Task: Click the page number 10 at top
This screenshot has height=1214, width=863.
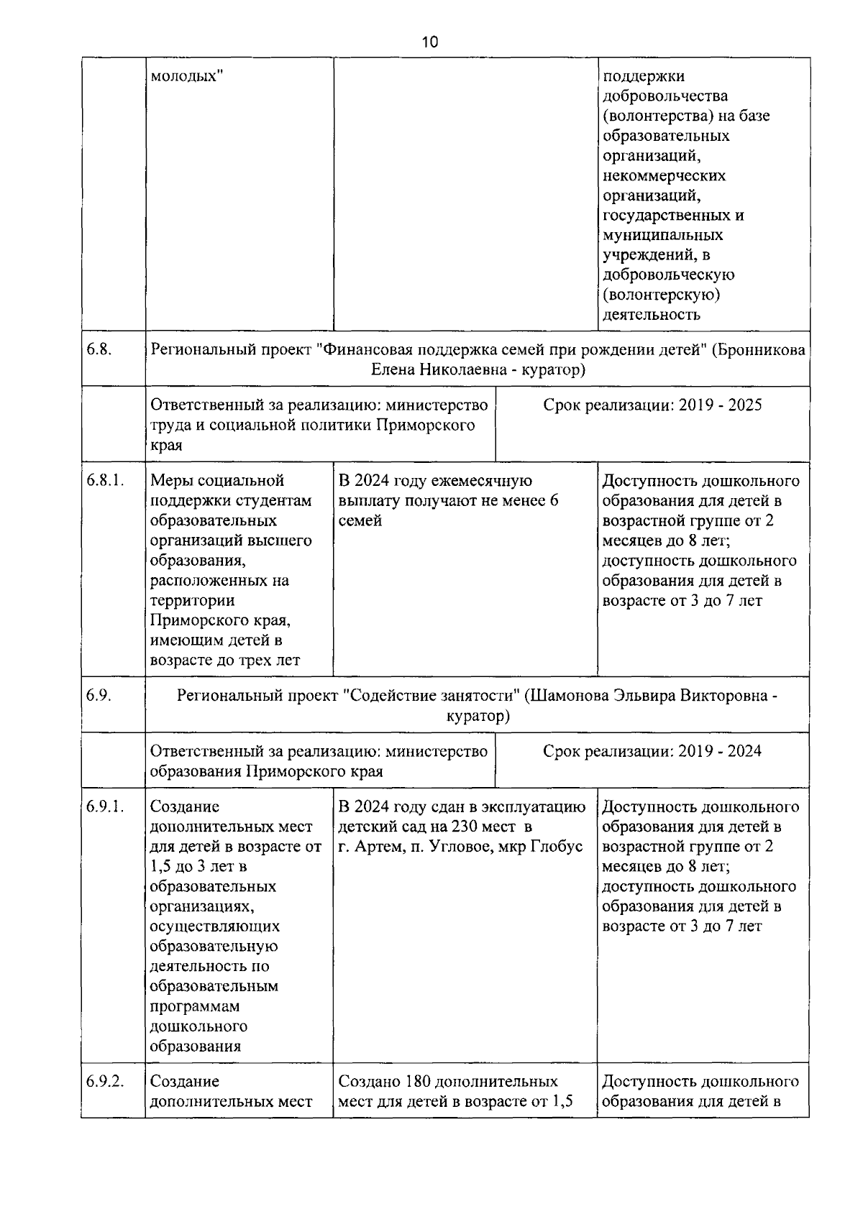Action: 429,42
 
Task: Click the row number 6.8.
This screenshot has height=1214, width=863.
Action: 99,350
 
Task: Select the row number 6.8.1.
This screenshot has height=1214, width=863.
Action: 104,480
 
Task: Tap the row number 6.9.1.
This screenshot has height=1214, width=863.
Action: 104,806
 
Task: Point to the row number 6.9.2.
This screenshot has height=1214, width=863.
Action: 104,1081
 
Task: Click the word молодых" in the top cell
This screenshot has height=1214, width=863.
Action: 186,75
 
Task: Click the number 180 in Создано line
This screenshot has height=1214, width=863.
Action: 418,1081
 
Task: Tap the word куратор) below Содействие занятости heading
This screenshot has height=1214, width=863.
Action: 478,716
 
